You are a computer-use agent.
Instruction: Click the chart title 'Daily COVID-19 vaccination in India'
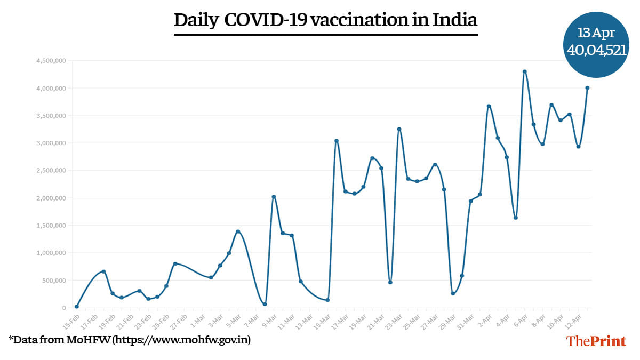(325, 20)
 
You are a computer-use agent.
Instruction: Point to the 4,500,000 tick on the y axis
(51, 61)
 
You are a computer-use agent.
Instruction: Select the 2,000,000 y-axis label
(51, 198)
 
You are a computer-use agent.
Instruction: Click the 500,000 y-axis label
(53, 281)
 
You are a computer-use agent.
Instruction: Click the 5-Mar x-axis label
(233, 318)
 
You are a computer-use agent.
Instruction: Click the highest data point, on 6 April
(525, 71)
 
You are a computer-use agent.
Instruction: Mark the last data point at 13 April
(587, 88)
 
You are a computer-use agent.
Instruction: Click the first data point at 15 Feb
(77, 307)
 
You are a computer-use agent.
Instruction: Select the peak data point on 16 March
(337, 141)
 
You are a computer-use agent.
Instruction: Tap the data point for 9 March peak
(274, 197)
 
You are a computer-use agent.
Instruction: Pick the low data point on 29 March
(453, 293)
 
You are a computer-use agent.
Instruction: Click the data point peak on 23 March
(399, 129)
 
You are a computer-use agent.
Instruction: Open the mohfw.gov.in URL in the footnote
(182, 339)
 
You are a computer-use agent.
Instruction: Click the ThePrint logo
(596, 341)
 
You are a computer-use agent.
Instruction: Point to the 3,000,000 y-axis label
(51, 143)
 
